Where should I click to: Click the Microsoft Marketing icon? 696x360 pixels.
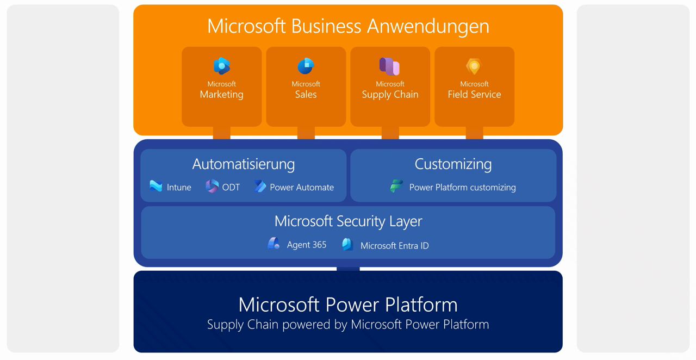tap(222, 66)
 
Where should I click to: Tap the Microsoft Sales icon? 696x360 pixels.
tap(306, 66)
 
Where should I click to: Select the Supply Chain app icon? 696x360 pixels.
tap(389, 66)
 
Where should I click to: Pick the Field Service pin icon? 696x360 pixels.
tap(474, 66)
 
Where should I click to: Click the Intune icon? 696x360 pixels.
tap(156, 187)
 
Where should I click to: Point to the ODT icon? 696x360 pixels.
tap(212, 187)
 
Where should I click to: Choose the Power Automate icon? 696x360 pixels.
tap(260, 187)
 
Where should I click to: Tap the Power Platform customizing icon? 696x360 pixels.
tap(397, 187)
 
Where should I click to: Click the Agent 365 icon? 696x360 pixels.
tap(274, 244)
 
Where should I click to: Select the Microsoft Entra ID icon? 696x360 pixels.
tap(347, 245)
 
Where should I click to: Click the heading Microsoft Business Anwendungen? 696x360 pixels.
tap(348, 26)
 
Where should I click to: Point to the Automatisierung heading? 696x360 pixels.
tap(244, 164)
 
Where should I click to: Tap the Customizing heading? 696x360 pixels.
tap(453, 164)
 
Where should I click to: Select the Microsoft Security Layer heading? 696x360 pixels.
tap(348, 221)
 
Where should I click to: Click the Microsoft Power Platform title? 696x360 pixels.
tap(348, 304)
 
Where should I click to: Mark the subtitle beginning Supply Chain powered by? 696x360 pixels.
tap(348, 325)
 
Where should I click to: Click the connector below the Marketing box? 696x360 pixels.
tap(222, 133)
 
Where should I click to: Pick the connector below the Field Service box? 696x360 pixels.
tap(474, 133)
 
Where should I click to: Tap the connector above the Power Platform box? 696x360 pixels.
tap(348, 269)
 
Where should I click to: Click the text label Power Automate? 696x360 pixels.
tap(302, 187)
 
